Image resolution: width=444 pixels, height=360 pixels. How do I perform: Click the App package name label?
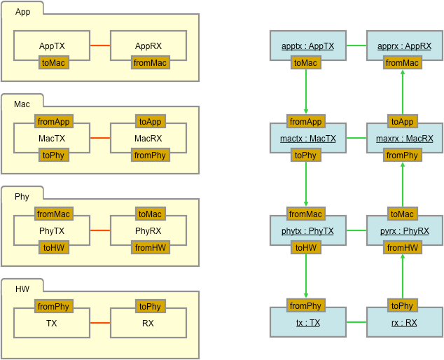[22, 12]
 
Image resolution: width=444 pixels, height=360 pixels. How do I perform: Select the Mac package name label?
[22, 104]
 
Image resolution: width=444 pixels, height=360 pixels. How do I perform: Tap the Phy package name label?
[22, 197]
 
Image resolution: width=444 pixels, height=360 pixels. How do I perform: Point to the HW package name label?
[22, 289]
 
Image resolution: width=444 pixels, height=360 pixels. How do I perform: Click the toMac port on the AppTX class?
[54, 62]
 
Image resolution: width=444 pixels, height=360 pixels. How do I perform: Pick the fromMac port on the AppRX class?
[151, 62]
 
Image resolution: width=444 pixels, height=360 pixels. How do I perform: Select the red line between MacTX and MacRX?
[100, 138]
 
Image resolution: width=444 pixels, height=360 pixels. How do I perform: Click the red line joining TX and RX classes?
[100, 323]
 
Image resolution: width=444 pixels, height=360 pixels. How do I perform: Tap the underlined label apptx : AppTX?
[308, 46]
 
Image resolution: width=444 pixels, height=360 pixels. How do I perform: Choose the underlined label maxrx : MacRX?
[405, 139]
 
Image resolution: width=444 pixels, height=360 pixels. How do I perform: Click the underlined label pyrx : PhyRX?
[405, 231]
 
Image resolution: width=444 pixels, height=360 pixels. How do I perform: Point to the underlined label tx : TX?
[308, 323]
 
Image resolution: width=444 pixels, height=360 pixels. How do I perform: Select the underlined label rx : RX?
[404, 323]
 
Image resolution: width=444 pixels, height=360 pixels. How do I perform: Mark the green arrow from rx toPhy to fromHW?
[403, 277]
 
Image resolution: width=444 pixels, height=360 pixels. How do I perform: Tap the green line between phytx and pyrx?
[356, 230]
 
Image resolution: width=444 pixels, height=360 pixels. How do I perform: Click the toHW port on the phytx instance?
[306, 247]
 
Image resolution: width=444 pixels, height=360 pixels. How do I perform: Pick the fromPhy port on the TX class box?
[54, 306]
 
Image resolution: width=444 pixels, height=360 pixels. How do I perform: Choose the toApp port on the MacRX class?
[151, 121]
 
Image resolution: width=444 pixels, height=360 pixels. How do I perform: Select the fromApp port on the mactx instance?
[306, 121]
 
